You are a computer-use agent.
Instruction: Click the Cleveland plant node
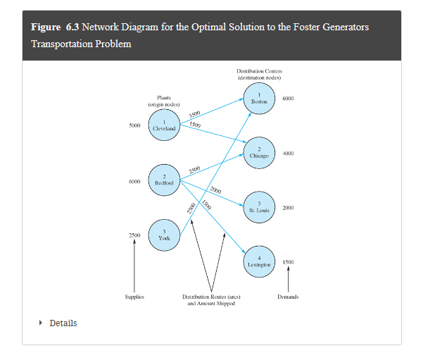coord(163,126)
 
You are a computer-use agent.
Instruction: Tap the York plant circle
coord(163,235)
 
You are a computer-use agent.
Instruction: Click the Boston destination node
coord(260,99)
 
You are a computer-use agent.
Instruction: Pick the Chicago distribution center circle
coord(260,153)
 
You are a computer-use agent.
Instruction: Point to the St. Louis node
coord(260,207)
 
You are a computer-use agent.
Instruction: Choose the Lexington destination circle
coord(260,261)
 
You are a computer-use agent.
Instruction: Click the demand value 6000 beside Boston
coord(288,99)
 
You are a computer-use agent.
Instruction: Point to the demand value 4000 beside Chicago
coord(288,154)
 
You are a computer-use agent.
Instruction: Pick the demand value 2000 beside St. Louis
coord(288,208)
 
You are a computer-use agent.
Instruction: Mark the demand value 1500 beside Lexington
coord(288,262)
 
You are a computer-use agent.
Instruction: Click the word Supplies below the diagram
coord(134,297)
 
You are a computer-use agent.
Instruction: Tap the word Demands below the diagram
coord(288,297)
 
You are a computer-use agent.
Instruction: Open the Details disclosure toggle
coord(59,323)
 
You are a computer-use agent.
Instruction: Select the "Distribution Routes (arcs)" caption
coord(211,297)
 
